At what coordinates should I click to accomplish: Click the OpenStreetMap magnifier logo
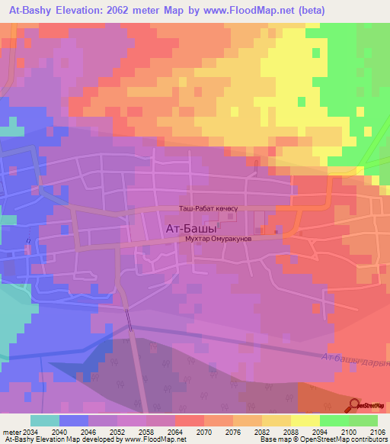click(x=354, y=406)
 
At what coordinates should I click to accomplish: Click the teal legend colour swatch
click(x=45, y=420)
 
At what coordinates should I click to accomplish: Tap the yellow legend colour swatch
click(x=305, y=420)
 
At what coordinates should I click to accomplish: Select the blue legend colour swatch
click(x=74, y=420)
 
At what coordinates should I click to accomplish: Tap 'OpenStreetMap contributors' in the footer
click(x=346, y=439)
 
